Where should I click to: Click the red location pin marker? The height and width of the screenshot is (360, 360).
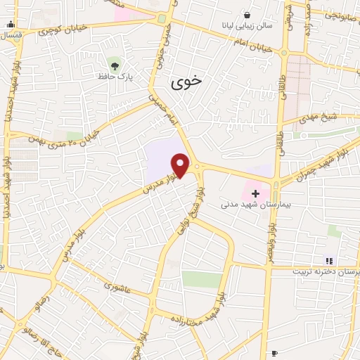coord(181,165)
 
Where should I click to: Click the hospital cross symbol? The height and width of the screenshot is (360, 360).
coord(255,193)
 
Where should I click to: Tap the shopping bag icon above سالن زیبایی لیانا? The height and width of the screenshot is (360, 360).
coord(247,15)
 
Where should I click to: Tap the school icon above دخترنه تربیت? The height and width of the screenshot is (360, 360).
coord(328,261)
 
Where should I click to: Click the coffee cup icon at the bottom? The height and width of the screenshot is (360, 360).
coord(274,353)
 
